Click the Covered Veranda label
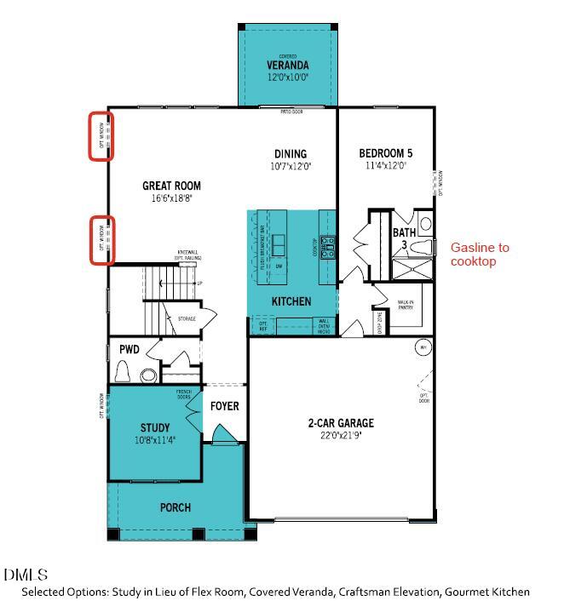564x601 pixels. [x=287, y=65]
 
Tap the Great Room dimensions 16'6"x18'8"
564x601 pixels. [x=171, y=198]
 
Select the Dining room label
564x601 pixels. [x=291, y=154]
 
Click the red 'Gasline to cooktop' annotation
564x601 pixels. [x=480, y=254]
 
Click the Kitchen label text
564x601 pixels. [x=291, y=301]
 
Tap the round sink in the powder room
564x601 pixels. [x=148, y=375]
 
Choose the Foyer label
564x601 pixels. [x=225, y=406]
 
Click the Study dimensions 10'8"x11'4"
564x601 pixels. [x=154, y=441]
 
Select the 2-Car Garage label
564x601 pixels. [x=341, y=423]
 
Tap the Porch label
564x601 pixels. [x=176, y=507]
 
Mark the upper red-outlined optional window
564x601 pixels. [x=102, y=135]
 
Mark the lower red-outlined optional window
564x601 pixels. [x=102, y=239]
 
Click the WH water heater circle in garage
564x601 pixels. [x=422, y=347]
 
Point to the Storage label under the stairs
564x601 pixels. [x=187, y=318]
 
